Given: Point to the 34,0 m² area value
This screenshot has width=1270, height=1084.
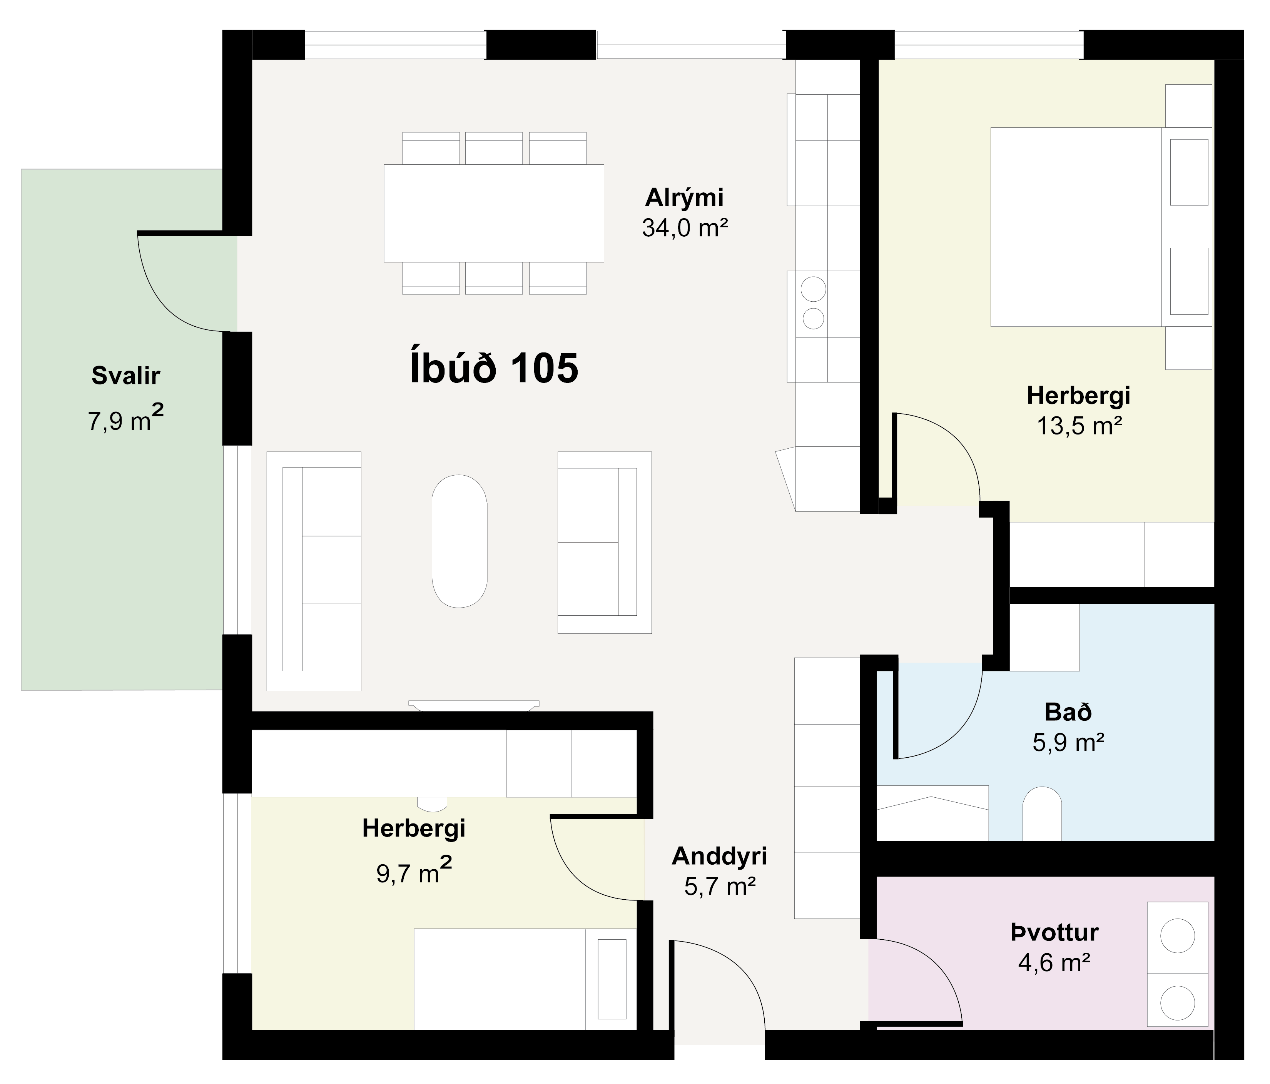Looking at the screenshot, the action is pos(685,228).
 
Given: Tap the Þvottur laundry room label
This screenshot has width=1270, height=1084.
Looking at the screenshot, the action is pos(1054,932).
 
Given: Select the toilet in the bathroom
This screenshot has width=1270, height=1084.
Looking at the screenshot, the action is pos(1042,814).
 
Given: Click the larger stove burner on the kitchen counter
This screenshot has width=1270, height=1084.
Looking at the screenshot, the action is pos(813,289).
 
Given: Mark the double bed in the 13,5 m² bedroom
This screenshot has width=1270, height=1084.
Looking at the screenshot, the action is pos(1101,227).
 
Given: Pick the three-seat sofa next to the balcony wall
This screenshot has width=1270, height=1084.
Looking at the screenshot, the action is pos(314,571).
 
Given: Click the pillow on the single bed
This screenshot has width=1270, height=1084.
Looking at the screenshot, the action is pos(612,979).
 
